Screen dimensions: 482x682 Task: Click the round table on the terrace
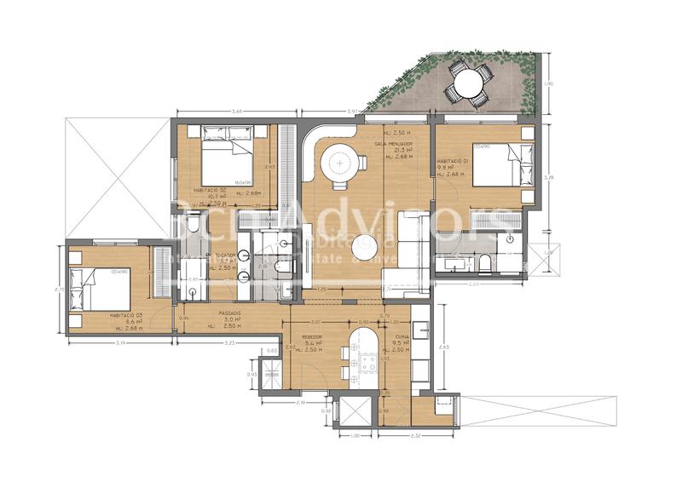click(x=466, y=83)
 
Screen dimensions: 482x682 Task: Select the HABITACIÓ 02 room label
click(x=210, y=189)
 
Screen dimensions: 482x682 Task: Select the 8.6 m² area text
click(x=124, y=322)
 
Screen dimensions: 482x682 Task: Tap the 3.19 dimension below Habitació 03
click(x=119, y=342)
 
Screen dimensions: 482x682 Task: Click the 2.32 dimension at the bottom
click(x=414, y=436)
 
